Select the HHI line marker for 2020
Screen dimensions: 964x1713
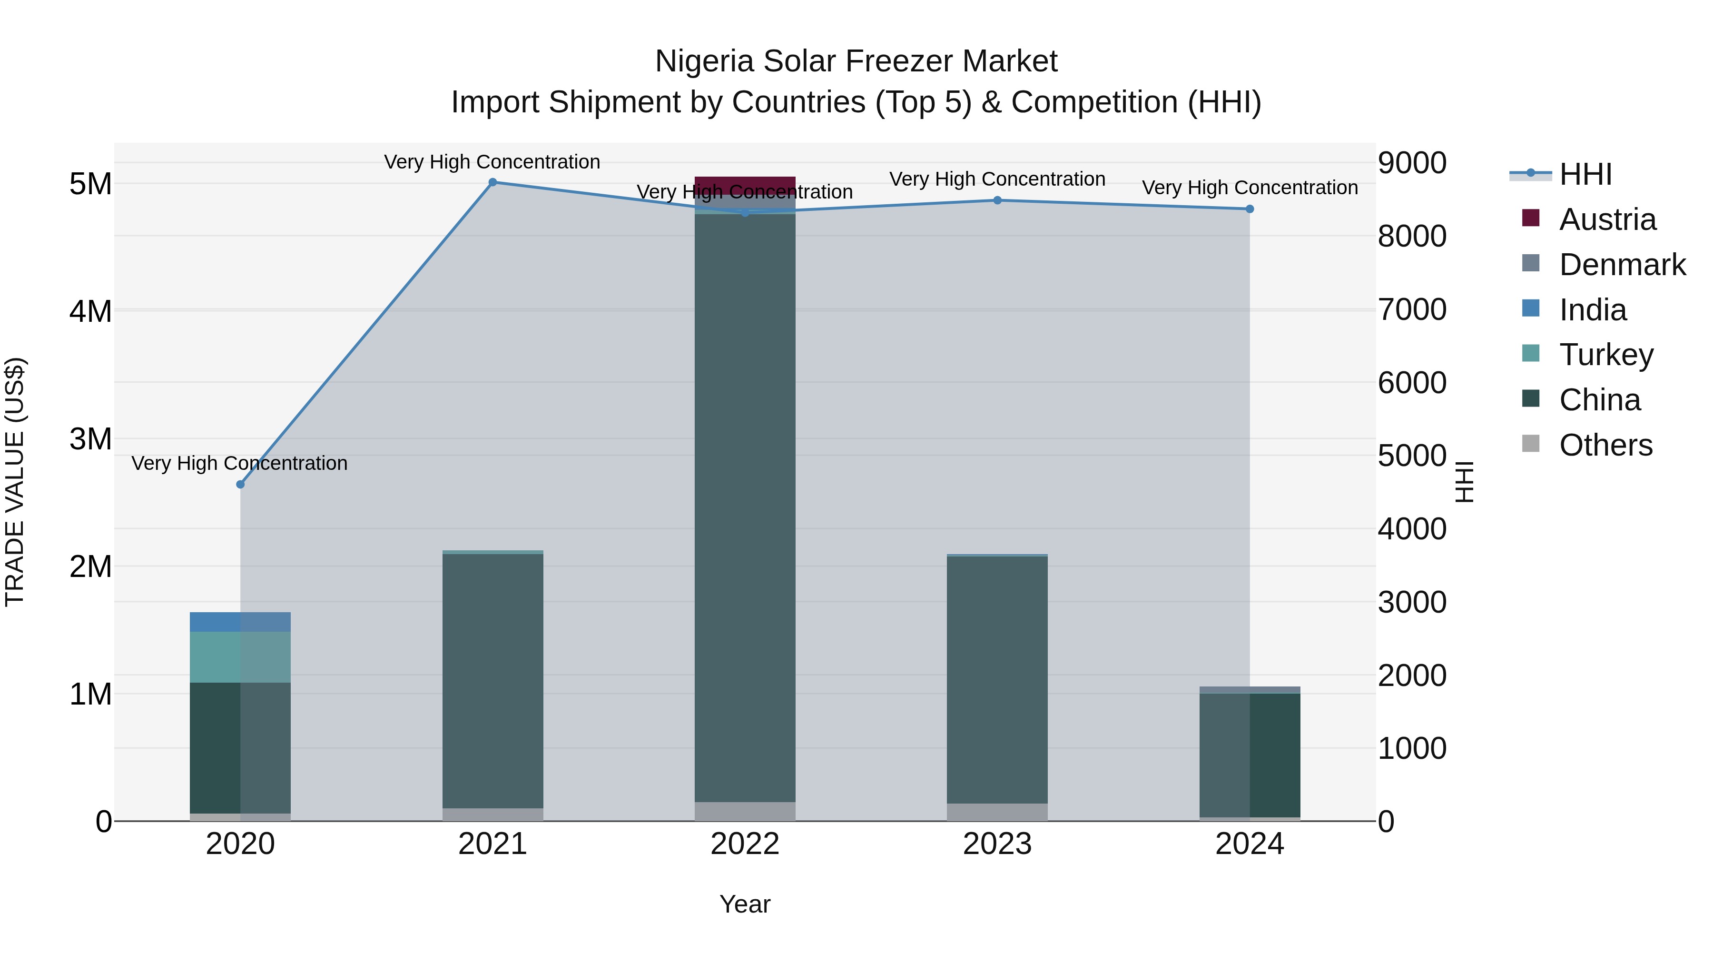tap(240, 484)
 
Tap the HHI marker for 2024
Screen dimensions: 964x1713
tap(1250, 209)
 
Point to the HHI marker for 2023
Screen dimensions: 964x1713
tap(997, 200)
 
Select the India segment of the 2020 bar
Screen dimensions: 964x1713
tap(240, 622)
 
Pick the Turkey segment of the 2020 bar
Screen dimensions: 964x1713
tap(240, 657)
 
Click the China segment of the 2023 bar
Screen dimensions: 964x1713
tap(997, 678)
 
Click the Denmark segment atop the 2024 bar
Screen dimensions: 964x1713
tap(1250, 690)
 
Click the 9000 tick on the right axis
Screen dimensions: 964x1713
tap(1412, 163)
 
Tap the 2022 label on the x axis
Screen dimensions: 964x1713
tap(745, 844)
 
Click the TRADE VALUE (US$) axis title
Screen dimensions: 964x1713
tap(15, 482)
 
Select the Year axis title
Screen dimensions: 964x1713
tap(745, 904)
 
